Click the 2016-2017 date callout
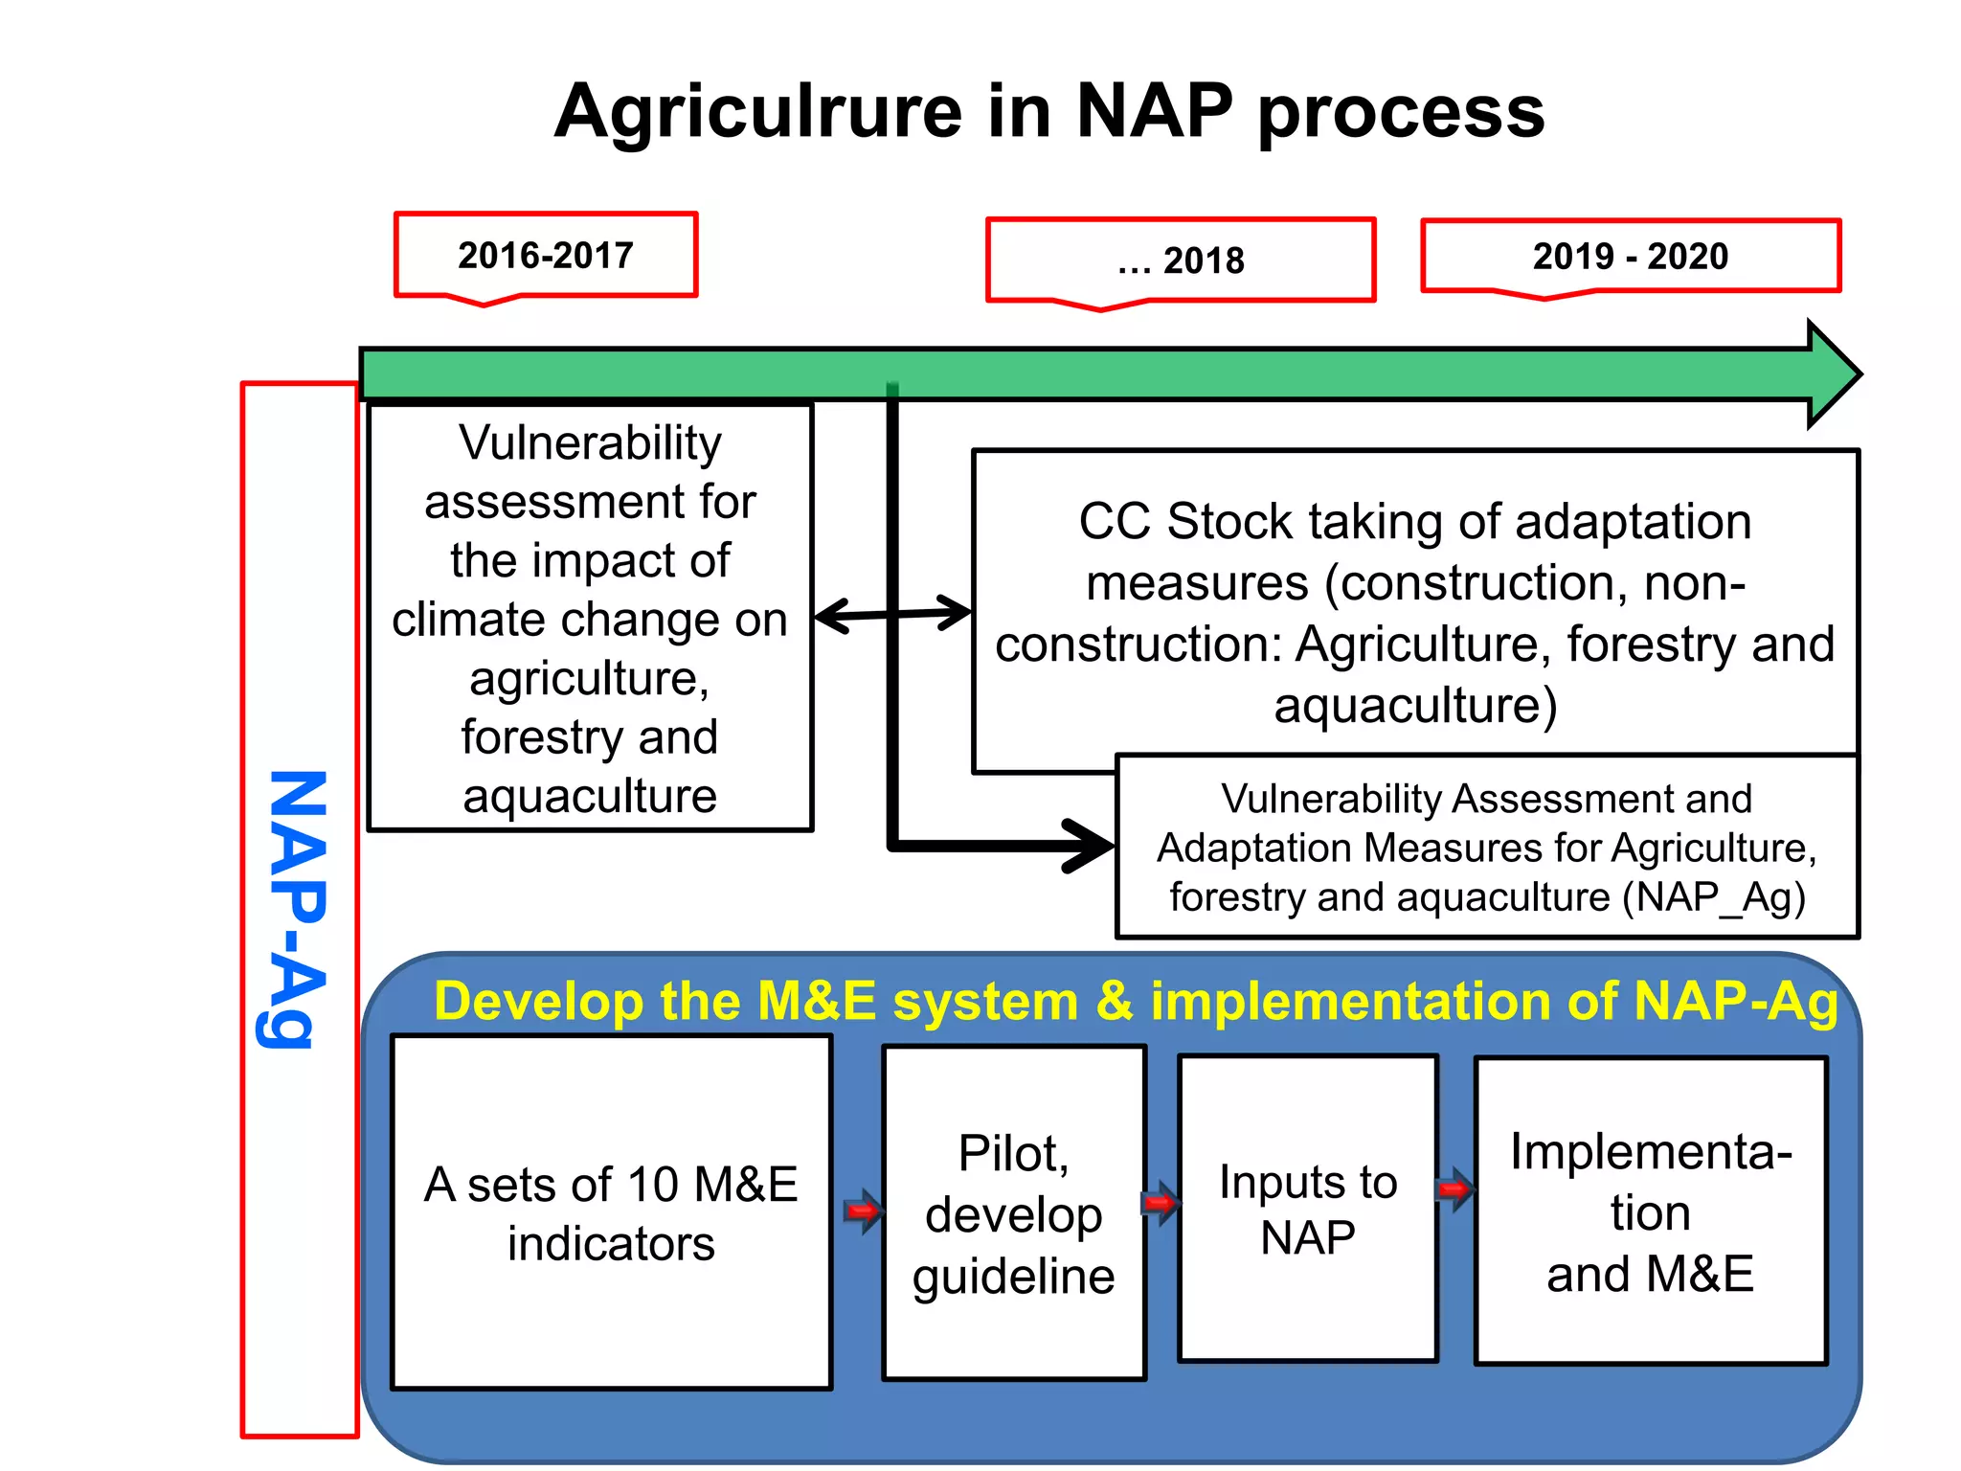(546, 256)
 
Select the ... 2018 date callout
(1181, 260)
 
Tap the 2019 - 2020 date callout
(1631, 257)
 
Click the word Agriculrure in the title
(758, 112)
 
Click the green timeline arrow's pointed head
(1833, 374)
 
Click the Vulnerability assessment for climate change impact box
(590, 619)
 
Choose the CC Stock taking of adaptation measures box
(1415, 603)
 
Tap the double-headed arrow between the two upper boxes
(892, 614)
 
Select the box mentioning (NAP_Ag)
(1487, 848)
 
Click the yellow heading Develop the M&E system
(1136, 1002)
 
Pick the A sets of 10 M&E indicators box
(611, 1212)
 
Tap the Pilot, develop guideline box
(1014, 1212)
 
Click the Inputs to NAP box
(1308, 1209)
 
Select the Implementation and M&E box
(1651, 1211)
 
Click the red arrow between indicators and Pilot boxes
(863, 1211)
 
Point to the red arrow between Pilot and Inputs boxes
(1161, 1202)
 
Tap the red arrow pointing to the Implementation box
(1455, 1190)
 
